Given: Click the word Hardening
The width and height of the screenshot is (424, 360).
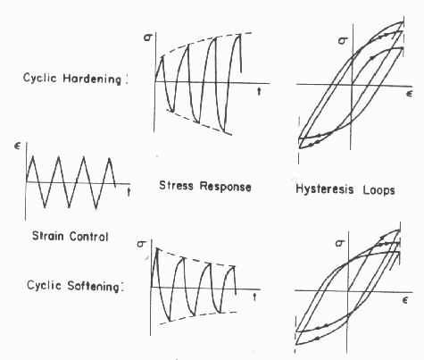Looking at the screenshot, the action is point(92,79).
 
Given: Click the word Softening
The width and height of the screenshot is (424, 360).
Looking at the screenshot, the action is point(94,286).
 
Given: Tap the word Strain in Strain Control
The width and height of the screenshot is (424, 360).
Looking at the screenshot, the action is point(47,236).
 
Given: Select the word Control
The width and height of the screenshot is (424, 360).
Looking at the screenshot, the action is point(88,237).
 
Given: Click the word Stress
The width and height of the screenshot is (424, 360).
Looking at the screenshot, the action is point(177,186).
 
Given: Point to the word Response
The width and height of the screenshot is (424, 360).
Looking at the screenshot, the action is point(225,187).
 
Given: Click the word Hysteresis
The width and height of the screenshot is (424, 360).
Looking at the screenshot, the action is point(325,189).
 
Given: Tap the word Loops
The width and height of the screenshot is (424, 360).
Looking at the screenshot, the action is point(378,190).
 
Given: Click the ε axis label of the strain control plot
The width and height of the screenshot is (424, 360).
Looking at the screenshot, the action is point(18,147).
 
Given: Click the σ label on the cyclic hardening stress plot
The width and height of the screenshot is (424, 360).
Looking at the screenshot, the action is point(147,38).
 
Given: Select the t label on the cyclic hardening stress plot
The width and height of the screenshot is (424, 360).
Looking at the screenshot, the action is point(259,91).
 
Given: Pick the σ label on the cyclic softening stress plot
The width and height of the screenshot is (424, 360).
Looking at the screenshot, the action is point(141,244).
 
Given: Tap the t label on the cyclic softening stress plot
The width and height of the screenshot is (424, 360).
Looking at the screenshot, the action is point(254,297).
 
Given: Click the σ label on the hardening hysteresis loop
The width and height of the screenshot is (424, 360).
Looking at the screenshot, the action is point(343,40).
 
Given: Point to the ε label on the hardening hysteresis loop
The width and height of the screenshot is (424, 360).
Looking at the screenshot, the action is point(410,94).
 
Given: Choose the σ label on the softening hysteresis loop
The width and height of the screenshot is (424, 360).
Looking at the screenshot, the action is point(339,243).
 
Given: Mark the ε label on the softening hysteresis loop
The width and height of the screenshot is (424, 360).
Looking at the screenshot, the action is point(404,300).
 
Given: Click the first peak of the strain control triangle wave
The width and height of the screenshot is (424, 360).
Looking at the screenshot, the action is point(32,155).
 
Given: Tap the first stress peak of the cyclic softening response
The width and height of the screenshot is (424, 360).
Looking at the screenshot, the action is point(157,248).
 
